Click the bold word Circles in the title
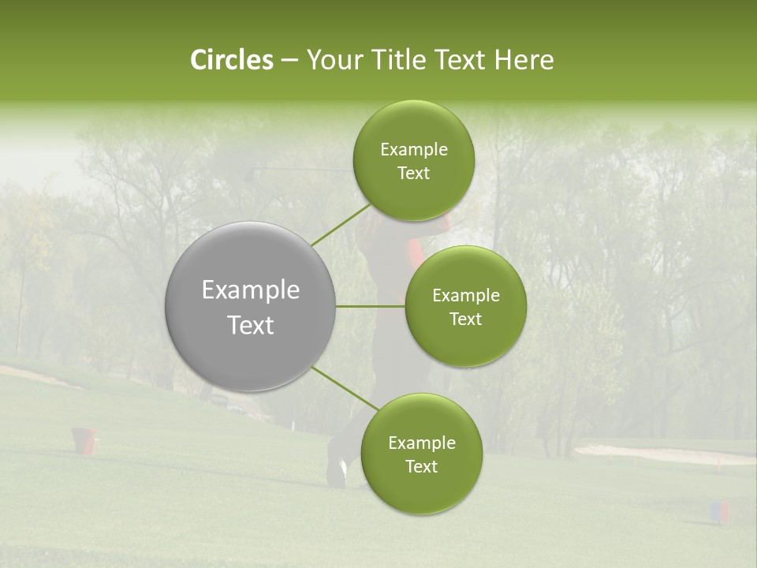pos(231,60)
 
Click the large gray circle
pos(251,307)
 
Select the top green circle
pos(414,161)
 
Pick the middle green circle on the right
pos(466,306)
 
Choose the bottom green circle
pos(421,454)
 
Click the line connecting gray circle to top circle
pos(341,223)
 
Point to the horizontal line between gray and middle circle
pos(370,306)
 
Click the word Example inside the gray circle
pos(251,290)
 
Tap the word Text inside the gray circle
pos(251,325)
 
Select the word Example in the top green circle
pos(414,150)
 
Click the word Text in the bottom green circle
pos(421,466)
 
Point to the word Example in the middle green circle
pos(466,296)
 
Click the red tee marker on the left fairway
pos(84,439)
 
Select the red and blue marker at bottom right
pos(719,512)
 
